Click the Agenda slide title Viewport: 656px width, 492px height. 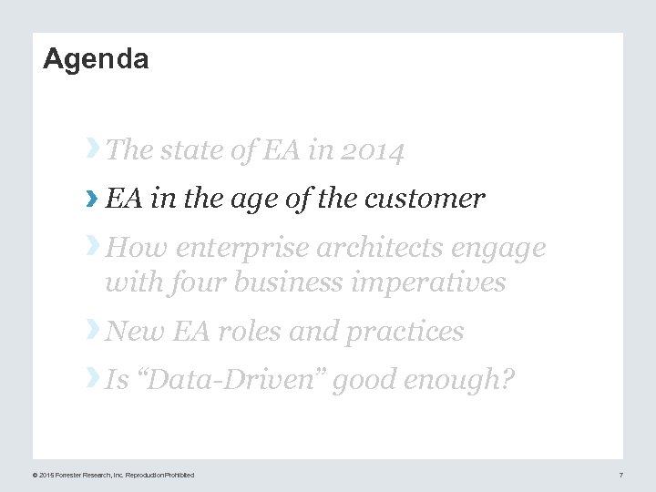click(x=96, y=59)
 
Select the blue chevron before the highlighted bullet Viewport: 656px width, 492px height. click(x=91, y=198)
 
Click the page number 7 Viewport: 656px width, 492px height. click(x=620, y=475)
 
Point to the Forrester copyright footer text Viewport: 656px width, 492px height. click(x=113, y=475)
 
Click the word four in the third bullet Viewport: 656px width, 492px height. click(x=197, y=282)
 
